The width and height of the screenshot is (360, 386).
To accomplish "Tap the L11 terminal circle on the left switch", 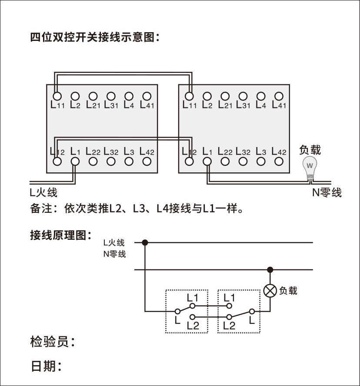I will point(57,96).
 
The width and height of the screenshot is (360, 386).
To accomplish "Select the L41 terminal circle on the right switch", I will point(279,96).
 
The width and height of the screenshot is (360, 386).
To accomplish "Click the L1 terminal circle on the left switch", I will point(75,161).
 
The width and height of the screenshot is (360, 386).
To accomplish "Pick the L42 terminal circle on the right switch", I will point(279,161).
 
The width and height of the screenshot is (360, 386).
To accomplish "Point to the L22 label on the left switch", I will point(93,152).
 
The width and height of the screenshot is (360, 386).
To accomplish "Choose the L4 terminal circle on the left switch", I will point(129,96).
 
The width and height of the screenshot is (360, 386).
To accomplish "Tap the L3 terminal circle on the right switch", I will point(261,161).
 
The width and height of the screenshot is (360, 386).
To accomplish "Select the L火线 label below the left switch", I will point(43,192).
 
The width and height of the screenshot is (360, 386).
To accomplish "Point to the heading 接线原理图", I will point(60,236).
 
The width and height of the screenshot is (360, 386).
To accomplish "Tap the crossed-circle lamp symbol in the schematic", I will point(270,291).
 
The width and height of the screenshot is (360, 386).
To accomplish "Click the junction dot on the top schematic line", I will point(145,242).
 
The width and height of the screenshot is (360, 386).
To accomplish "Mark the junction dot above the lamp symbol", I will point(270,270).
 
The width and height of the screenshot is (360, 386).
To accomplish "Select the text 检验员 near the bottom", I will point(50,342).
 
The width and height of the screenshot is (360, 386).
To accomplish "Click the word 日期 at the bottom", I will point(43,366).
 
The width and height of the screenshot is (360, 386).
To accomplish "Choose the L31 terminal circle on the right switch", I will point(243,96).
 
